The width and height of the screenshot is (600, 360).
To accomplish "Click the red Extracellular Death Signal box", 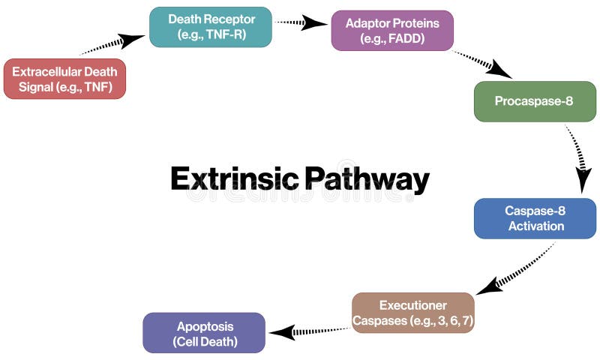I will pos(64,79).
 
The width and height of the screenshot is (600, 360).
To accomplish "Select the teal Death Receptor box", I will pos(211,27).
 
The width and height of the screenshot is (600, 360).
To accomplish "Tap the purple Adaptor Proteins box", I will pos(392,31).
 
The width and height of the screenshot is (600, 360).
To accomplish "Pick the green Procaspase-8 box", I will pos(534,101).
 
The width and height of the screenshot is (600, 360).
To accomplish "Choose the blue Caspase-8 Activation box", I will pos(535,218).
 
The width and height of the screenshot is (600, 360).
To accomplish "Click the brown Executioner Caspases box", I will pos(413,313).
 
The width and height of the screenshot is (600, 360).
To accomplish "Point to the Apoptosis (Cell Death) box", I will pos(204,333).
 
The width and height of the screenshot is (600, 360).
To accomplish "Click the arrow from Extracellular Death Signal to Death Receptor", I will pos(112,44).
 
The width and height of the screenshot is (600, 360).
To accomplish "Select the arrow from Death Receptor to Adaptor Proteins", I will pos(301,23).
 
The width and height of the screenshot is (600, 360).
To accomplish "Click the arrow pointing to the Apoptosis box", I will pos(307,331).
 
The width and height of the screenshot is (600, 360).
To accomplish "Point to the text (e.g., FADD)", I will pos(392,38).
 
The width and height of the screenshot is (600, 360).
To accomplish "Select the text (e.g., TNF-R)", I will pos(211,34).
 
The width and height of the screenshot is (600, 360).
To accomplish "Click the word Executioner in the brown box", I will pos(413,305).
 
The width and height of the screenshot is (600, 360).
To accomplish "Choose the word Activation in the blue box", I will pos(535,226).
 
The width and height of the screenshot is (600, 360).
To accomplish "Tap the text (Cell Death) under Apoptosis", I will pos(204,341).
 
